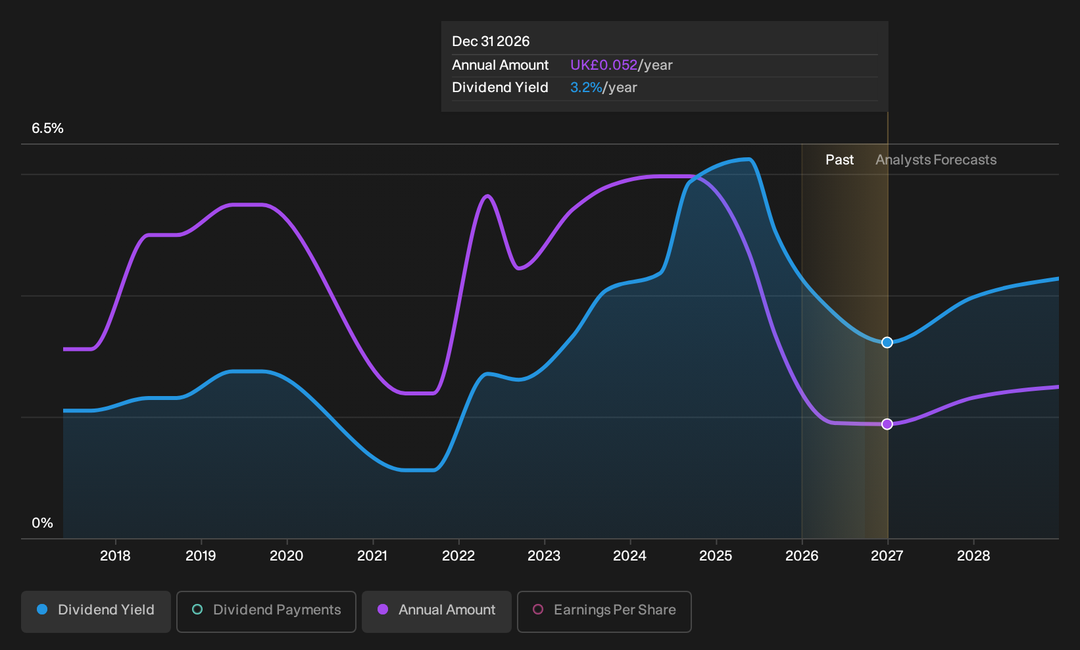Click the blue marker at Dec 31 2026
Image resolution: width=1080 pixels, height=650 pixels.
click(x=887, y=342)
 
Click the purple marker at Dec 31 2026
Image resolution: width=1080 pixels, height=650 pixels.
click(x=887, y=424)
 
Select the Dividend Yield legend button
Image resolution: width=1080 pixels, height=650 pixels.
click(x=96, y=611)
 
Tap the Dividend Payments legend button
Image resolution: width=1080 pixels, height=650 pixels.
click(x=266, y=611)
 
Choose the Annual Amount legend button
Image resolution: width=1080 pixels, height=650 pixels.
click(x=436, y=611)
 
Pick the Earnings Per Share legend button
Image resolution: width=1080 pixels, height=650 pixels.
click(x=604, y=611)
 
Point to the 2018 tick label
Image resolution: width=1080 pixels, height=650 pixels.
click(x=115, y=556)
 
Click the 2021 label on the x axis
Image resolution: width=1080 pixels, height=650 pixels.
click(x=372, y=556)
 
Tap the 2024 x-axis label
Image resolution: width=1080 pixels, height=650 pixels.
click(x=629, y=556)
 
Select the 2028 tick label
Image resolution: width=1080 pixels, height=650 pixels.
click(x=973, y=556)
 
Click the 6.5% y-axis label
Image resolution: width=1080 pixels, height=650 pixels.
click(x=47, y=128)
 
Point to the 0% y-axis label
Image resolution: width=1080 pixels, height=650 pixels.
click(x=43, y=523)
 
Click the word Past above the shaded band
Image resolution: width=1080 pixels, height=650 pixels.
click(x=839, y=160)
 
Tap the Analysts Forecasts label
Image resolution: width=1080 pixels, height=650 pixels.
click(x=936, y=160)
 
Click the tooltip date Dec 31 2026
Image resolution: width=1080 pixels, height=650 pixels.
click(x=491, y=41)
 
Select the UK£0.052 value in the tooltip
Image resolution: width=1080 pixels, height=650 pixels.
click(x=604, y=65)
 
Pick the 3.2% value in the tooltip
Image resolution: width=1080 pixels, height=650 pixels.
click(x=586, y=87)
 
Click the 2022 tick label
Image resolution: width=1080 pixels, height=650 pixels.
click(x=458, y=556)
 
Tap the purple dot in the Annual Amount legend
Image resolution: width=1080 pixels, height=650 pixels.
click(x=383, y=609)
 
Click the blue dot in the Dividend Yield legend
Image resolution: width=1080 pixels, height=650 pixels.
click(x=43, y=609)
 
